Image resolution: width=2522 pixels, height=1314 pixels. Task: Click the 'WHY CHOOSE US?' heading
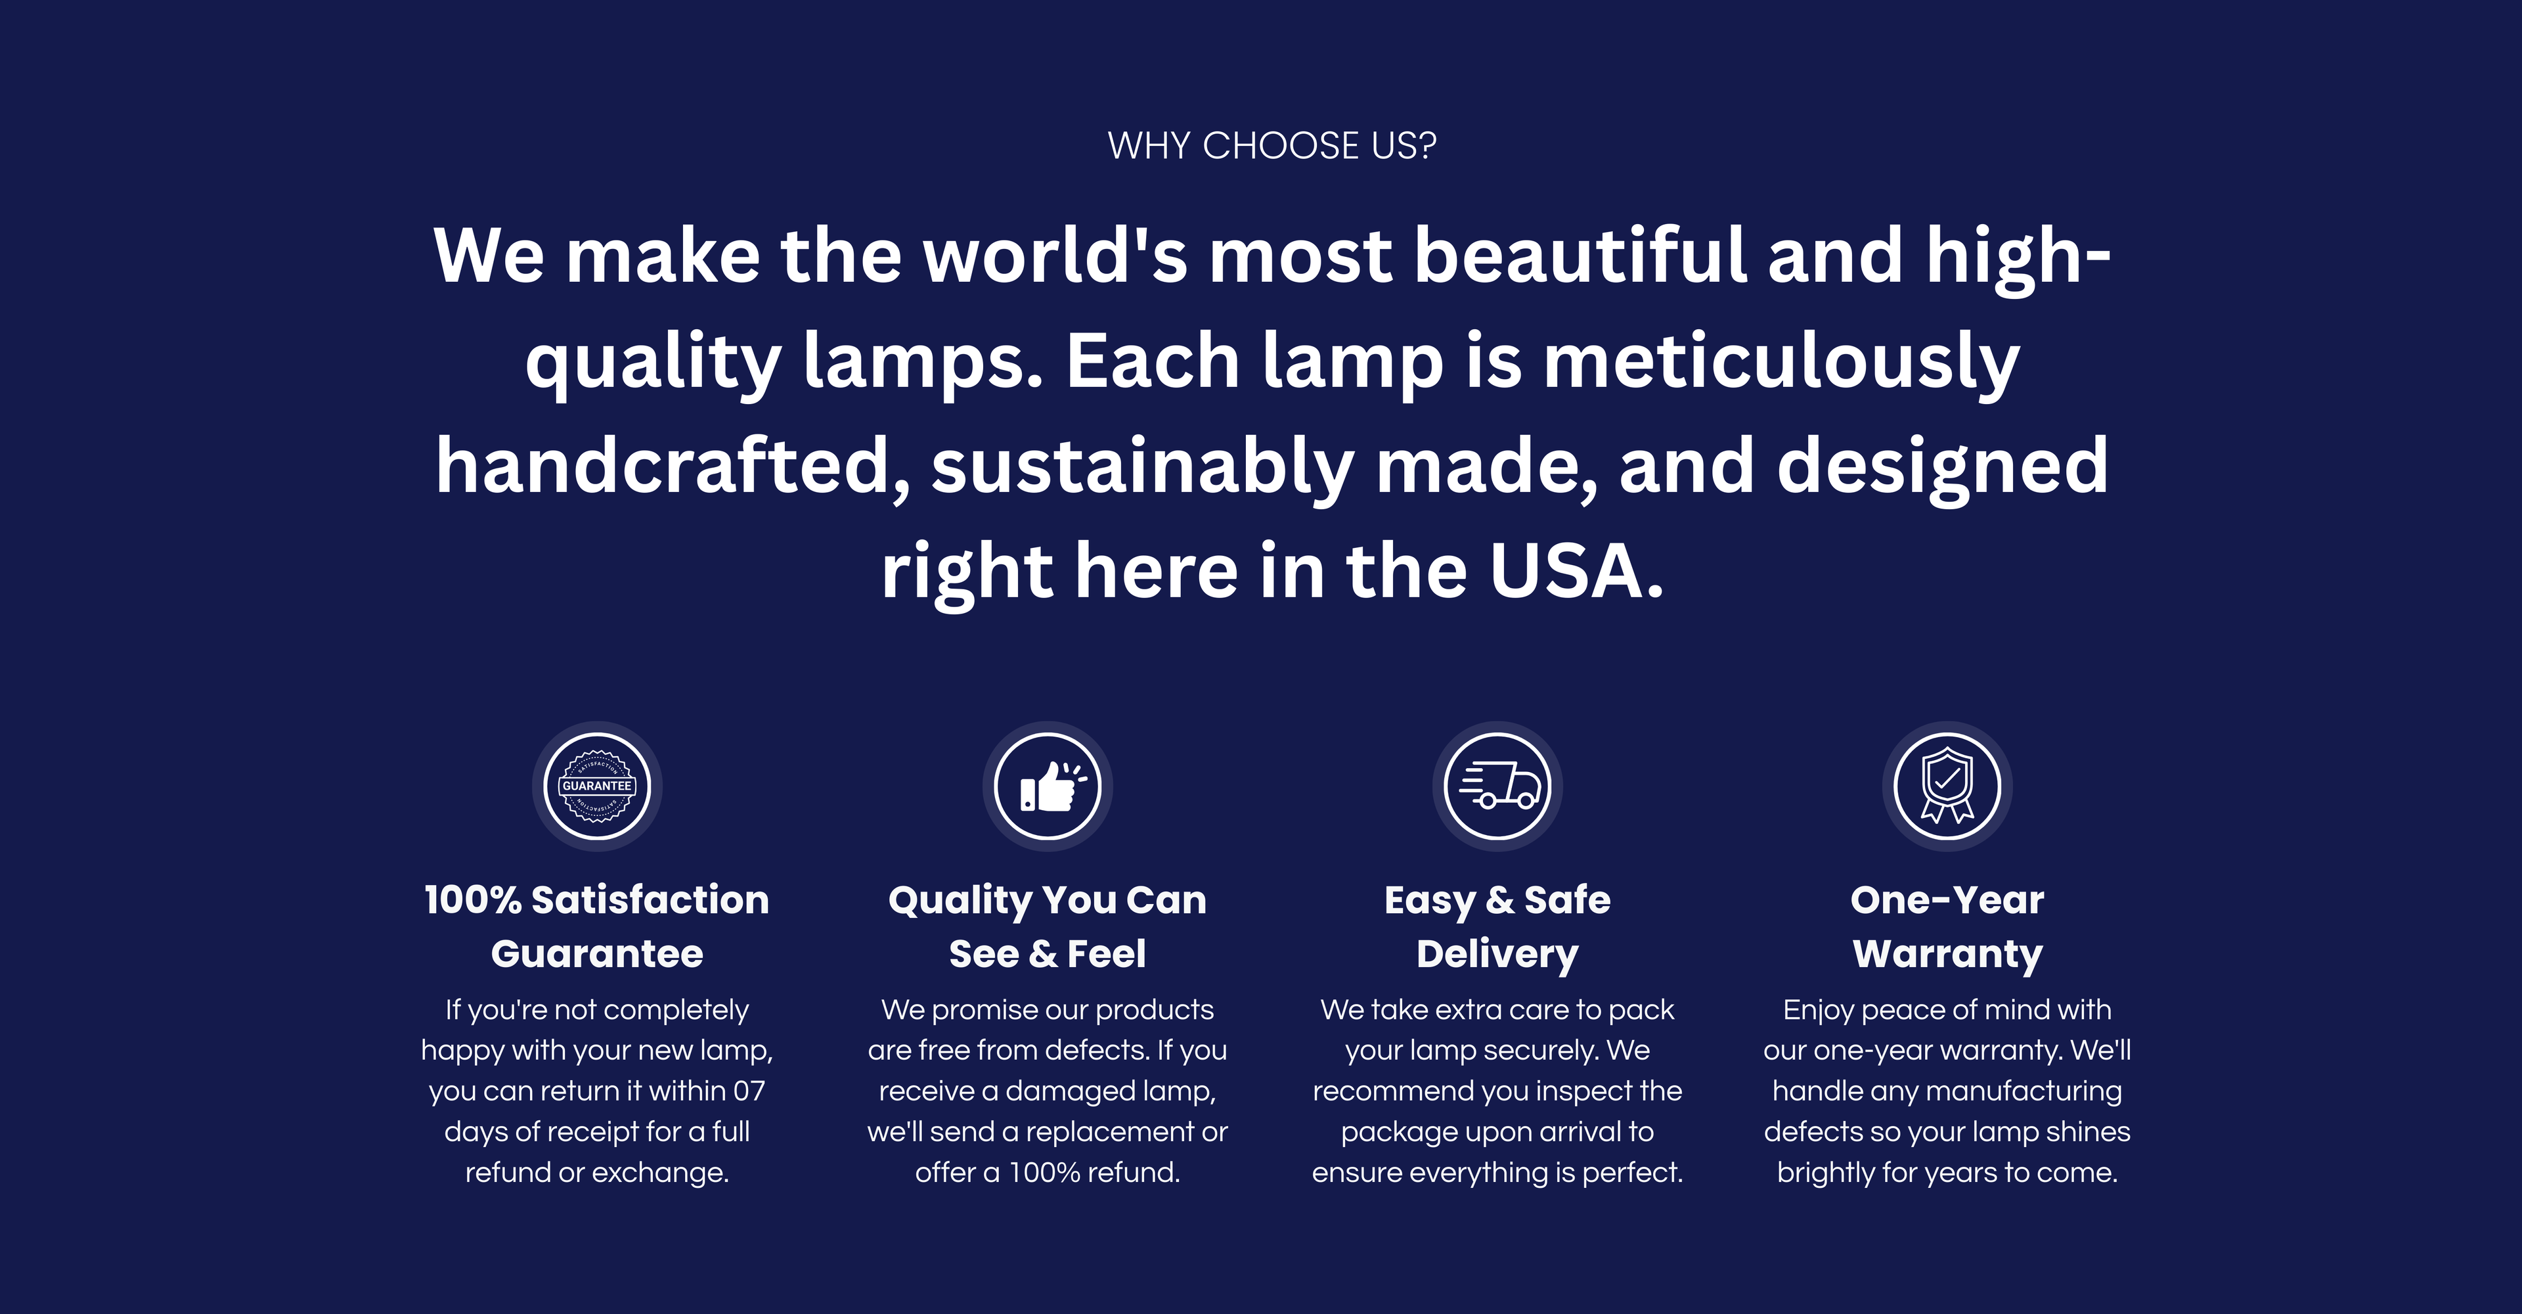pos(1272,146)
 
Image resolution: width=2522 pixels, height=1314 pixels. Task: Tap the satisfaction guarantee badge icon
pos(597,786)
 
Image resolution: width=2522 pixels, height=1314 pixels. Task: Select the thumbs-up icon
pos(1048,786)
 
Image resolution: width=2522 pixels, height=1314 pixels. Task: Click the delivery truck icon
pos(1498,786)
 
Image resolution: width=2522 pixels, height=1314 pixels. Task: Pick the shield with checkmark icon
pos(1947,786)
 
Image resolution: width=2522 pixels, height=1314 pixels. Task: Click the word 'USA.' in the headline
pos(1576,571)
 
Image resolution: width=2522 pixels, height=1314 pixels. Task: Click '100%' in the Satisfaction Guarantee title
pos(473,900)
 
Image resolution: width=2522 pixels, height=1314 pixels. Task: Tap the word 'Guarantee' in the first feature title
pos(597,954)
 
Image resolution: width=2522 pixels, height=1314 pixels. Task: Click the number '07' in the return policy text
pos(749,1091)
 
